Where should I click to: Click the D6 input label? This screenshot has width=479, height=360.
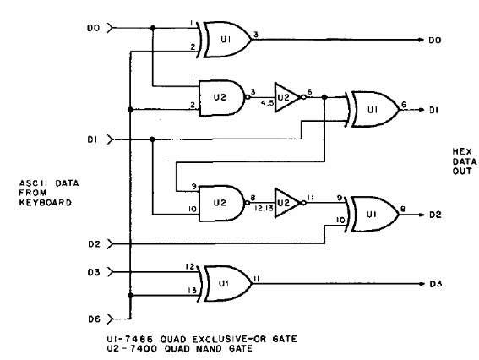[x=94, y=319]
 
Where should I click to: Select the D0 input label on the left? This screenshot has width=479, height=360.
[x=94, y=28]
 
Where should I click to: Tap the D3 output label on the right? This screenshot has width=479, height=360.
[x=436, y=284]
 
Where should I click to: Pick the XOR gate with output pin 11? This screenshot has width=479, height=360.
[x=226, y=284]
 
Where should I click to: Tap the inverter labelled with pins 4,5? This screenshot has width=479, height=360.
[x=290, y=97]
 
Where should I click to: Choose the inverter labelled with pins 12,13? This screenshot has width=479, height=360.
[x=290, y=203]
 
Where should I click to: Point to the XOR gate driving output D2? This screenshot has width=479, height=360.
[x=372, y=215]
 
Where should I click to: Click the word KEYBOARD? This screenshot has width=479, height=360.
[x=46, y=203]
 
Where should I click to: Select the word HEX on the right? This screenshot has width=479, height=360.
[x=462, y=151]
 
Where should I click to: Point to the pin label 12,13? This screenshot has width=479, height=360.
[x=264, y=209]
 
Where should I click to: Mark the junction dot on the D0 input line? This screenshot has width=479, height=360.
[x=153, y=28]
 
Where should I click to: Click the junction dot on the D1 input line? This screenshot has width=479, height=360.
[x=152, y=139]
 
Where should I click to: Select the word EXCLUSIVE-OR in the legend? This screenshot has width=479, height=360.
[x=229, y=339]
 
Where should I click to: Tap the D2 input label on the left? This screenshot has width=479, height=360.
[x=94, y=244]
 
